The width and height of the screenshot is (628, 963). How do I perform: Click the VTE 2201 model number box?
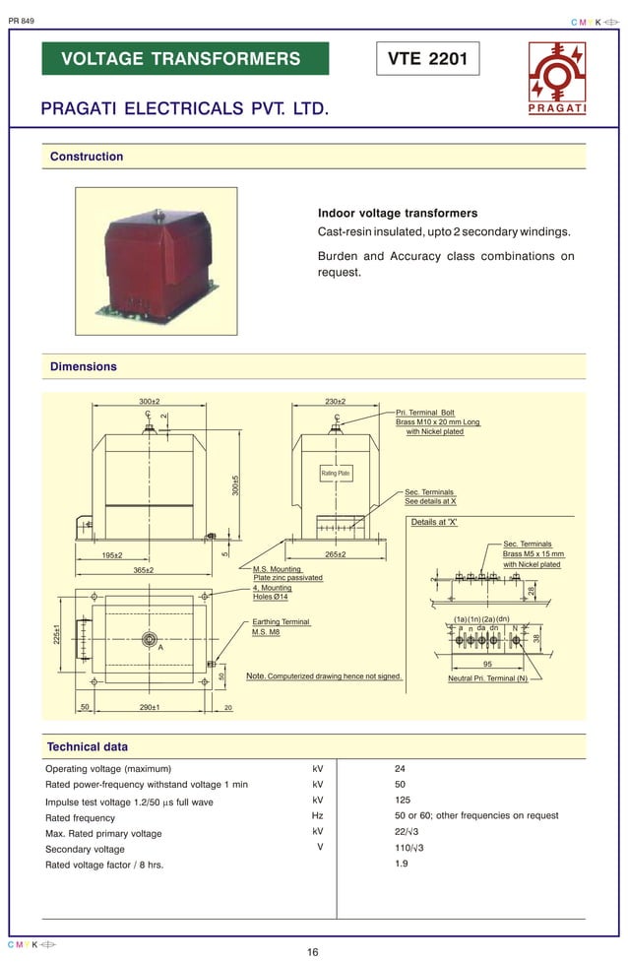(x=428, y=59)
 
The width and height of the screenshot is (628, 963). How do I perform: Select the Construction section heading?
(x=87, y=157)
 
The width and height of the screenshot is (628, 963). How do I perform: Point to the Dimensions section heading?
(x=84, y=366)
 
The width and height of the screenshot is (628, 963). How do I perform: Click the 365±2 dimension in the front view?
(x=144, y=569)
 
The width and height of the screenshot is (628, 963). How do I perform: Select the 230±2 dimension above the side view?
(x=335, y=402)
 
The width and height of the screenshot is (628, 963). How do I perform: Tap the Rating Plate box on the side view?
(x=336, y=474)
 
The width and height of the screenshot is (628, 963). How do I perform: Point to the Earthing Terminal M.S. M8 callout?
(x=281, y=626)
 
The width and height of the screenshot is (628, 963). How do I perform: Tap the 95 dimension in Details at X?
(x=487, y=664)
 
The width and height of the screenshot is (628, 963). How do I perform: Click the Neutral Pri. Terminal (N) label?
(x=487, y=678)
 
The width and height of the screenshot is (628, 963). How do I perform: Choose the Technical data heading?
(x=87, y=746)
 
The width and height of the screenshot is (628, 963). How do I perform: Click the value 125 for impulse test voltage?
(x=403, y=801)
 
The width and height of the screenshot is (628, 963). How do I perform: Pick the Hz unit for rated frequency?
(x=317, y=815)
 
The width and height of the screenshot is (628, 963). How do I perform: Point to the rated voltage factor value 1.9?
(x=401, y=864)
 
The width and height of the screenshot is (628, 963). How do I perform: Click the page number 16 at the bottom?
(x=313, y=952)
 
